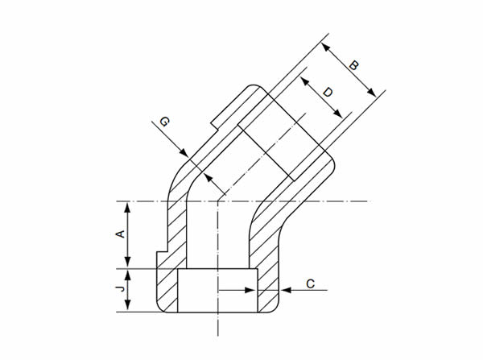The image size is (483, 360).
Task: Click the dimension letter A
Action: coord(120,234)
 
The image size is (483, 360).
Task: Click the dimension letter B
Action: coord(353,64)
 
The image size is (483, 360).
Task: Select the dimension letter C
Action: coord(311,283)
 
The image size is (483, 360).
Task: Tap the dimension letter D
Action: coord(327,93)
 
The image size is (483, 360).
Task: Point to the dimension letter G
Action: coord(163,122)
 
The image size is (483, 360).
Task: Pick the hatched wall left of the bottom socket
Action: coord(167,290)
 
